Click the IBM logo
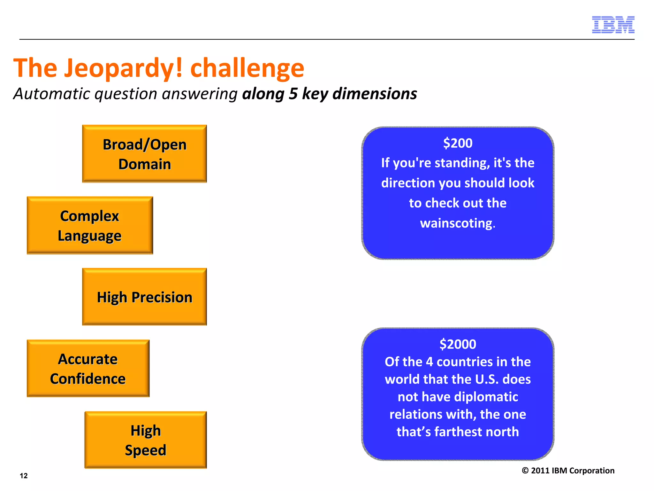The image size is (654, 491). click(x=613, y=25)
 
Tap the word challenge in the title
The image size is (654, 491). click(x=247, y=68)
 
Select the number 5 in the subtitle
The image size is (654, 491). click(x=293, y=94)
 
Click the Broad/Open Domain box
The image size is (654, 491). click(x=144, y=154)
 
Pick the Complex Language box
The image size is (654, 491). click(x=90, y=225)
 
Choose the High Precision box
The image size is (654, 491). click(x=144, y=297)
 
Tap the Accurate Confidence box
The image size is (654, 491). click(x=88, y=368)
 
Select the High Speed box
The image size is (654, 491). click(x=146, y=440)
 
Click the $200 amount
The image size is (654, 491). click(x=458, y=143)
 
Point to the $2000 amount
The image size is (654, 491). click(x=458, y=344)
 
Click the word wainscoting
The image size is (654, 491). click(x=457, y=223)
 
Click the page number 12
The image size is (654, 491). click(x=24, y=476)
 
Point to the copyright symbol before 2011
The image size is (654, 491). click(x=525, y=471)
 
